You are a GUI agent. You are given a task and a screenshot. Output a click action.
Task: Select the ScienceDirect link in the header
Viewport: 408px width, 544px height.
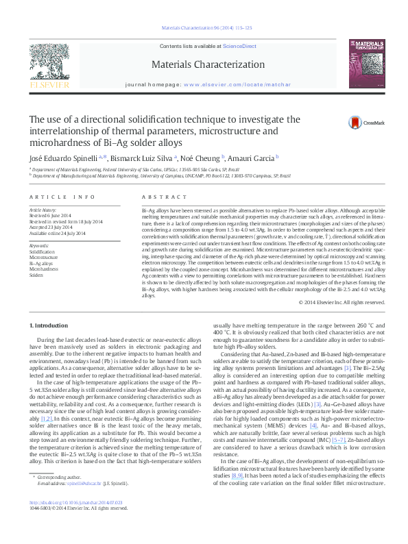239,46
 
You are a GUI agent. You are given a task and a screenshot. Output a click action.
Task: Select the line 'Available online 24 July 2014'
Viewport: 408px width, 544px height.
57,233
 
